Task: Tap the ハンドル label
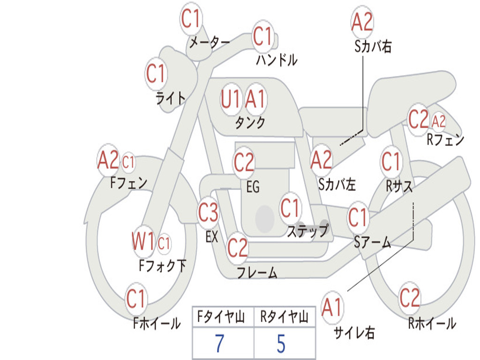(x=277, y=60)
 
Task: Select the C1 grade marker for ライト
(x=156, y=74)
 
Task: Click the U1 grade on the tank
(x=231, y=99)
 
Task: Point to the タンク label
(x=250, y=123)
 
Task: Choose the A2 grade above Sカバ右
(x=362, y=22)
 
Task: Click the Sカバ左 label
(x=337, y=185)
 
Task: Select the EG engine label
(x=253, y=187)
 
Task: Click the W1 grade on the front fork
(x=143, y=242)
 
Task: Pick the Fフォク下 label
(x=162, y=266)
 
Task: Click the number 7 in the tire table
(x=219, y=344)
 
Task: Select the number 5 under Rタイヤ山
(x=281, y=344)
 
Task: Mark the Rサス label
(x=399, y=186)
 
